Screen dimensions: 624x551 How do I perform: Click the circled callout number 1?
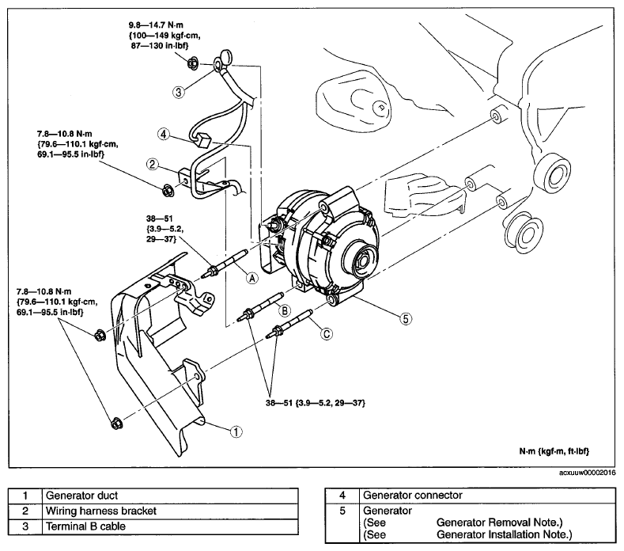tap(236, 431)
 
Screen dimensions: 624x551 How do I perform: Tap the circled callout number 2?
tap(153, 164)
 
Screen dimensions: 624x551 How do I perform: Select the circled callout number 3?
tap(178, 92)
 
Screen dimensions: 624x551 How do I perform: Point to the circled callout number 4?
tap(164, 135)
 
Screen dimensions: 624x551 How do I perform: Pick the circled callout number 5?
tap(406, 318)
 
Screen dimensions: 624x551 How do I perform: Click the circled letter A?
tap(252, 278)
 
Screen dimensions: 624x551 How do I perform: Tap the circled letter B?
tap(285, 310)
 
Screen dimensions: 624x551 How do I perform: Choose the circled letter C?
tap(327, 333)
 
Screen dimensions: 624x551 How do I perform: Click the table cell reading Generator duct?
tap(170, 496)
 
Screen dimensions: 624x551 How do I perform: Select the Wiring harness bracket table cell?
tap(170, 511)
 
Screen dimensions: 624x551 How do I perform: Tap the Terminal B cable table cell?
tap(170, 526)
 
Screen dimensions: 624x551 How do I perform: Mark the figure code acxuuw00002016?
tap(587, 473)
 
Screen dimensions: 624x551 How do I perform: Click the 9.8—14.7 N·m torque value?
tap(156, 25)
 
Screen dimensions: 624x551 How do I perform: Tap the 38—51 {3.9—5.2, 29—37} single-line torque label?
tap(316, 403)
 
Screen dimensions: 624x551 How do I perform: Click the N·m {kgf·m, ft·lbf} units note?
tap(554, 451)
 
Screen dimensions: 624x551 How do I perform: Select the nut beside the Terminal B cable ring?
tap(192, 63)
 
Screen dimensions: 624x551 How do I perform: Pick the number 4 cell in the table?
tap(342, 496)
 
